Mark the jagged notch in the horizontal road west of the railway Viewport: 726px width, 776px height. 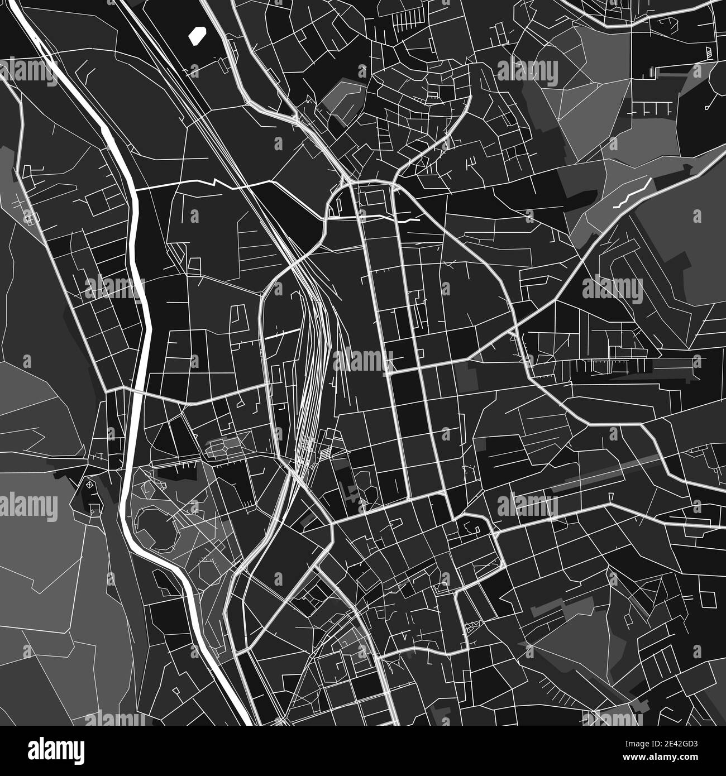click(215, 182)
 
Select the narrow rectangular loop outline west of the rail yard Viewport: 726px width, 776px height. click(238, 317)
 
